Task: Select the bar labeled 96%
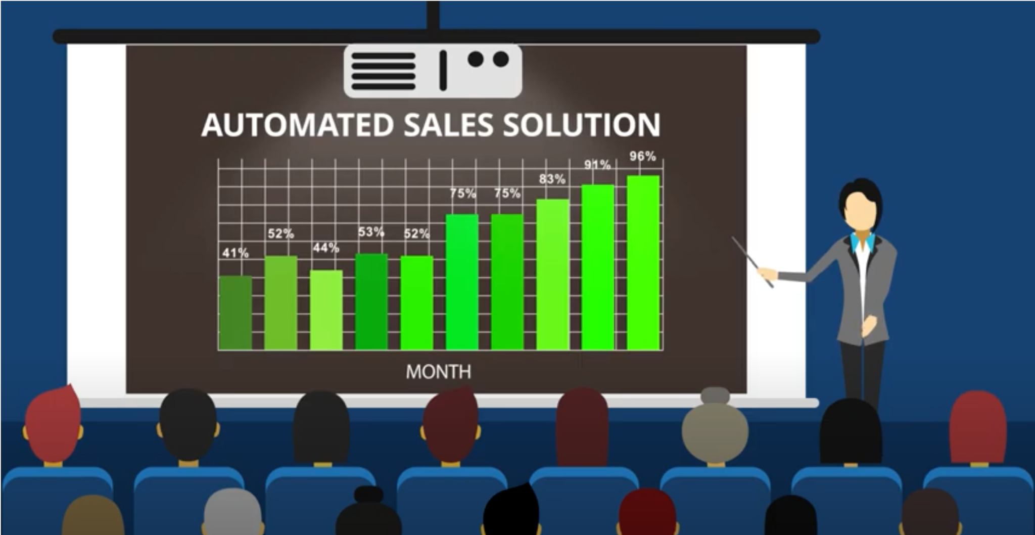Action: [x=643, y=263]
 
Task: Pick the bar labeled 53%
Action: [x=371, y=302]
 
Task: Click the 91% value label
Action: [x=597, y=165]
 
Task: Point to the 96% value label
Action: [x=642, y=156]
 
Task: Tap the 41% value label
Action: [x=236, y=253]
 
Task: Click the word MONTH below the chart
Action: [x=438, y=372]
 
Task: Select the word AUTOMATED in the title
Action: [x=297, y=125]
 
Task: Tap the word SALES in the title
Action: [x=448, y=125]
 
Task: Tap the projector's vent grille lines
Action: [x=383, y=71]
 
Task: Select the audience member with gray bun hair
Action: [x=715, y=429]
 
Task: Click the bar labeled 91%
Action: [x=598, y=267]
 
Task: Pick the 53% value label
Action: [x=371, y=232]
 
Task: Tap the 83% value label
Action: [x=552, y=179]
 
